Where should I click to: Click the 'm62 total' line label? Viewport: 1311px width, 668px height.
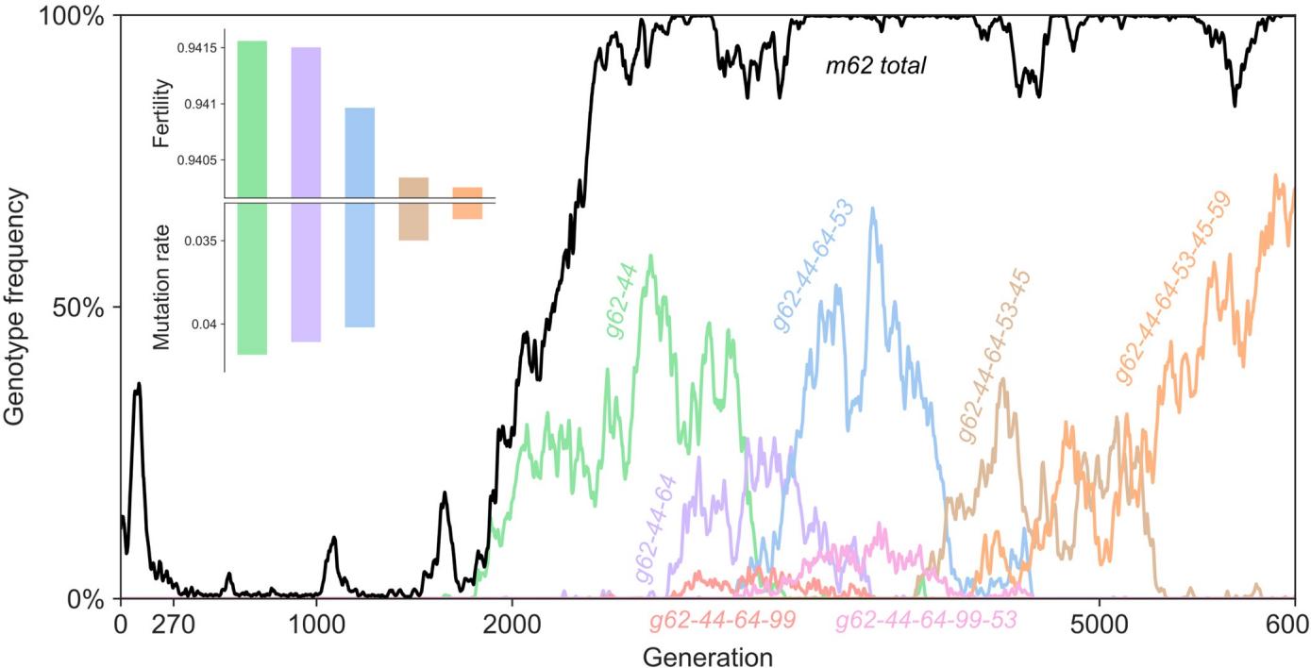[875, 66]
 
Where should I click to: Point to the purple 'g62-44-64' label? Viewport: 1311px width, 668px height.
[657, 531]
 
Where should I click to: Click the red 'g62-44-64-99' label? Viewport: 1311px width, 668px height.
[722, 621]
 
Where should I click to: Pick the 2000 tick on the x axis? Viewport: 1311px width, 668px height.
[512, 624]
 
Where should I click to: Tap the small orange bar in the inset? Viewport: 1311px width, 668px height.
[467, 203]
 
